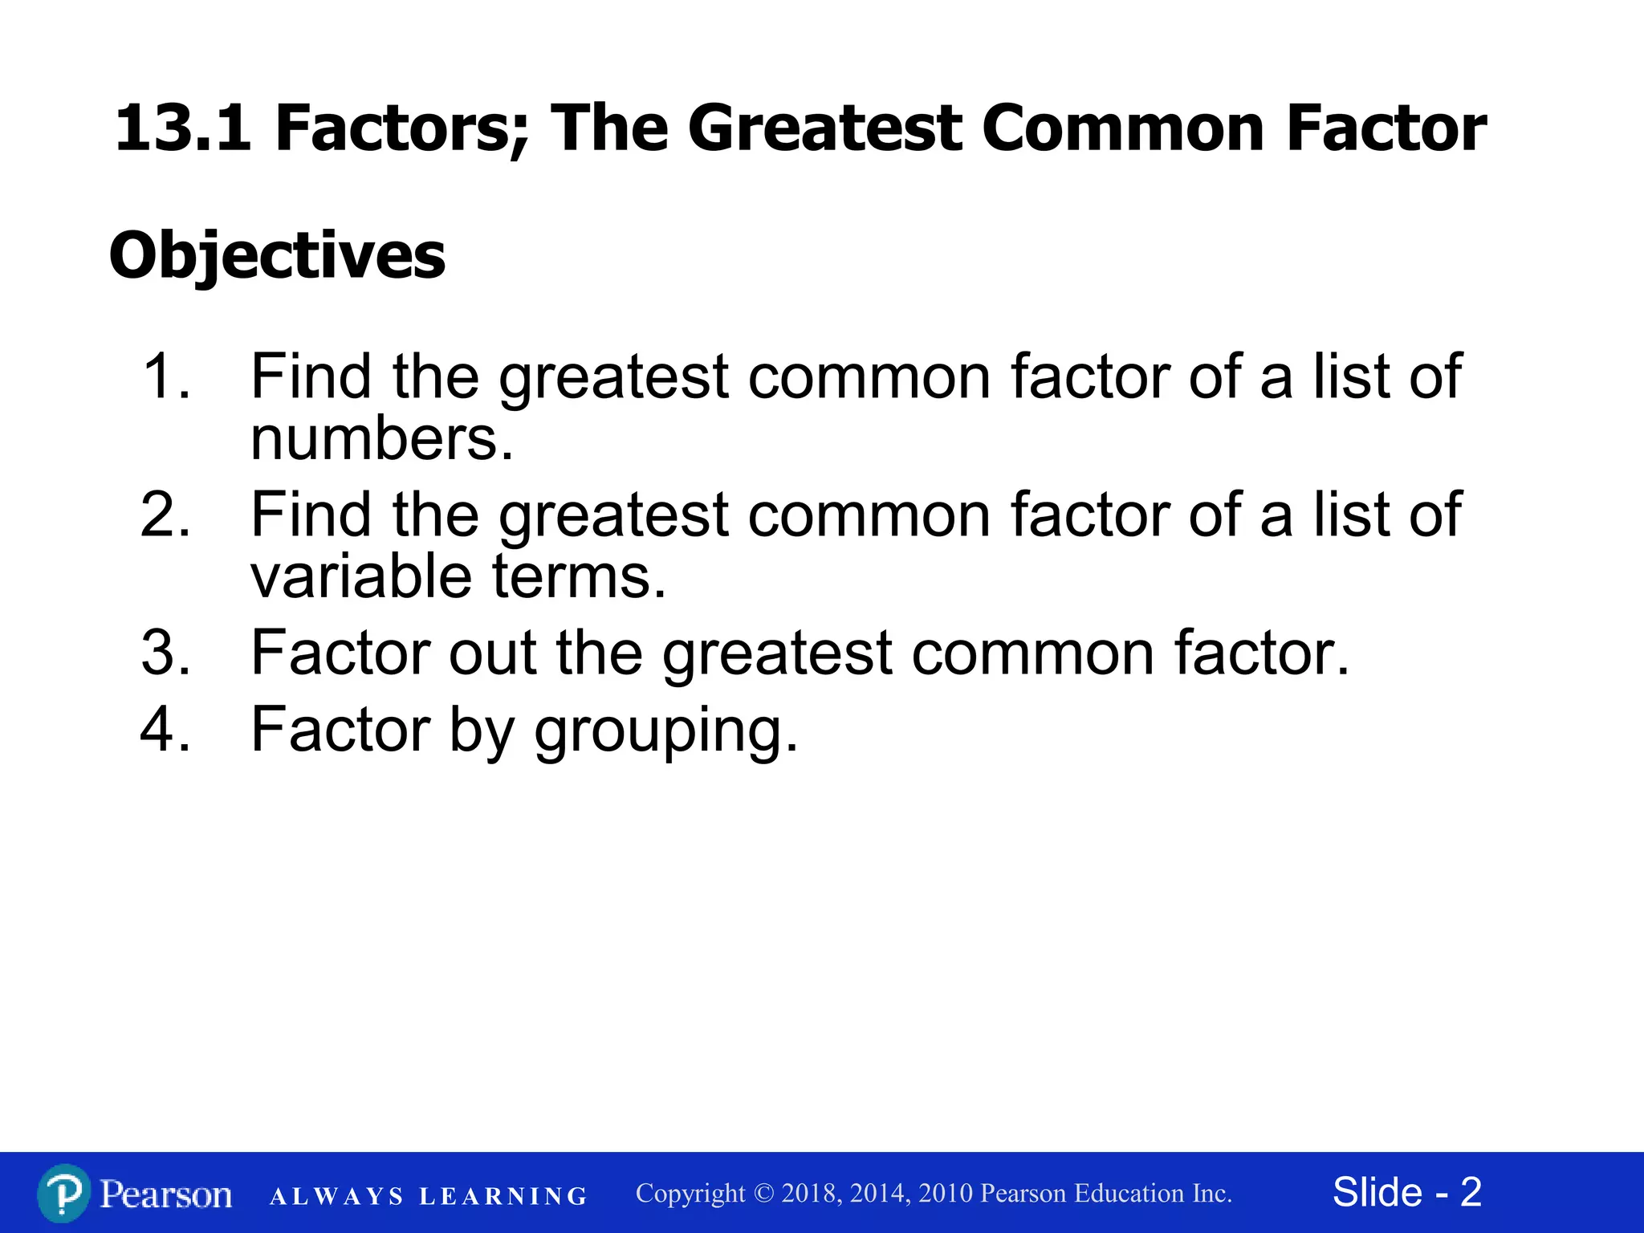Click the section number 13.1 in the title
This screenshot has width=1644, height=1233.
tap(182, 128)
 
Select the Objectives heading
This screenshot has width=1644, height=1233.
tap(277, 256)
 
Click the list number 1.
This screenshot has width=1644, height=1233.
tap(165, 376)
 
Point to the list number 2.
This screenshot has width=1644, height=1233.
tap(165, 515)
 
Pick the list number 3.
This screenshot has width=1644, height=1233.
tap(165, 653)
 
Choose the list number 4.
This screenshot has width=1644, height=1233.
tap(165, 729)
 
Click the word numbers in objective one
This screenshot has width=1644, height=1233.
tap(380, 440)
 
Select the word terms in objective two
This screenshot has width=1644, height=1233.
tap(578, 576)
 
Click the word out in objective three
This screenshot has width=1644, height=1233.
tap(492, 653)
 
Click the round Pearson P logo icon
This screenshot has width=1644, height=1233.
tap(63, 1194)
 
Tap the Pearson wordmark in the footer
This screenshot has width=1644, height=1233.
tap(166, 1194)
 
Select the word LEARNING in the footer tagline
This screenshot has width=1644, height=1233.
tap(503, 1197)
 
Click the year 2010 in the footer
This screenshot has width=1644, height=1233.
tap(947, 1194)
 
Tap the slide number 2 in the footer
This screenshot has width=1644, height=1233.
tap(1471, 1192)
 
